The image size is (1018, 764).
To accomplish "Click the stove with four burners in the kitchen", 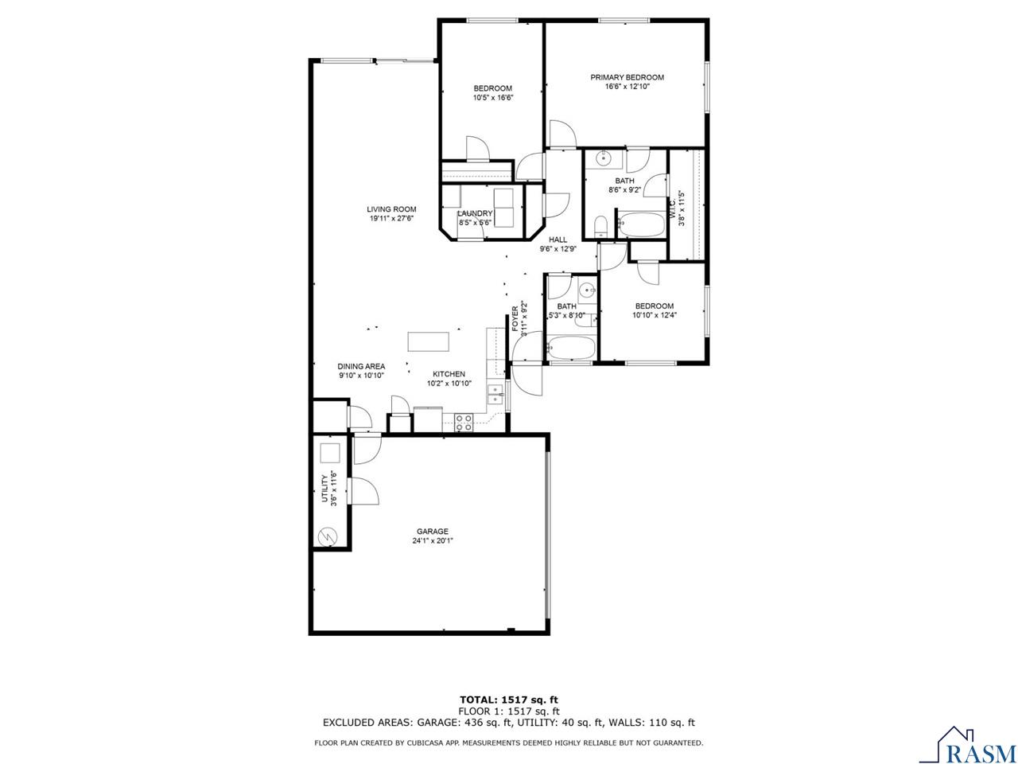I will pos(463,423).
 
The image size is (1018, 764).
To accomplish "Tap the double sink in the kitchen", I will pos(495,393).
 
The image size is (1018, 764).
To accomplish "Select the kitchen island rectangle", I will pos(428,341).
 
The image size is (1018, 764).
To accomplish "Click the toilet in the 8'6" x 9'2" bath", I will pos(601,227).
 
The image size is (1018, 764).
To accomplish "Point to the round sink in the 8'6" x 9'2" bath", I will pos(604,158).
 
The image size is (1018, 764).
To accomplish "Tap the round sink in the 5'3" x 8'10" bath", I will pos(586,289).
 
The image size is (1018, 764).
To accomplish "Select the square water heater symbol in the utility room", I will pos(329,454).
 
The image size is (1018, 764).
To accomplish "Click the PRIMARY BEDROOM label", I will pos(627,77).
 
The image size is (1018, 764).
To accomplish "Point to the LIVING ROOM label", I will pos(391,209).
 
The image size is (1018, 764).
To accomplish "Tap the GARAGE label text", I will pos(433,532).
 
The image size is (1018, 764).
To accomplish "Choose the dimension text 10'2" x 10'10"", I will pos(449,384).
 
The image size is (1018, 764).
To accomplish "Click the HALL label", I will pos(558,240).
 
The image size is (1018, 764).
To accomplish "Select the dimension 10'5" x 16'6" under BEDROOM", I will pos(493,98).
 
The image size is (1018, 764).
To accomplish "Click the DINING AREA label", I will pos(361,366).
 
